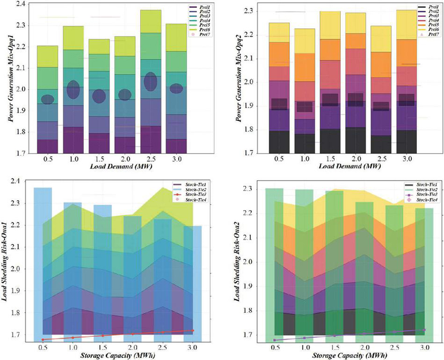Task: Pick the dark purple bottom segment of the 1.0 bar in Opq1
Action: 73,139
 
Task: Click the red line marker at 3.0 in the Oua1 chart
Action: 177,331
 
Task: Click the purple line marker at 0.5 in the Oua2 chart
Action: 273,340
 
